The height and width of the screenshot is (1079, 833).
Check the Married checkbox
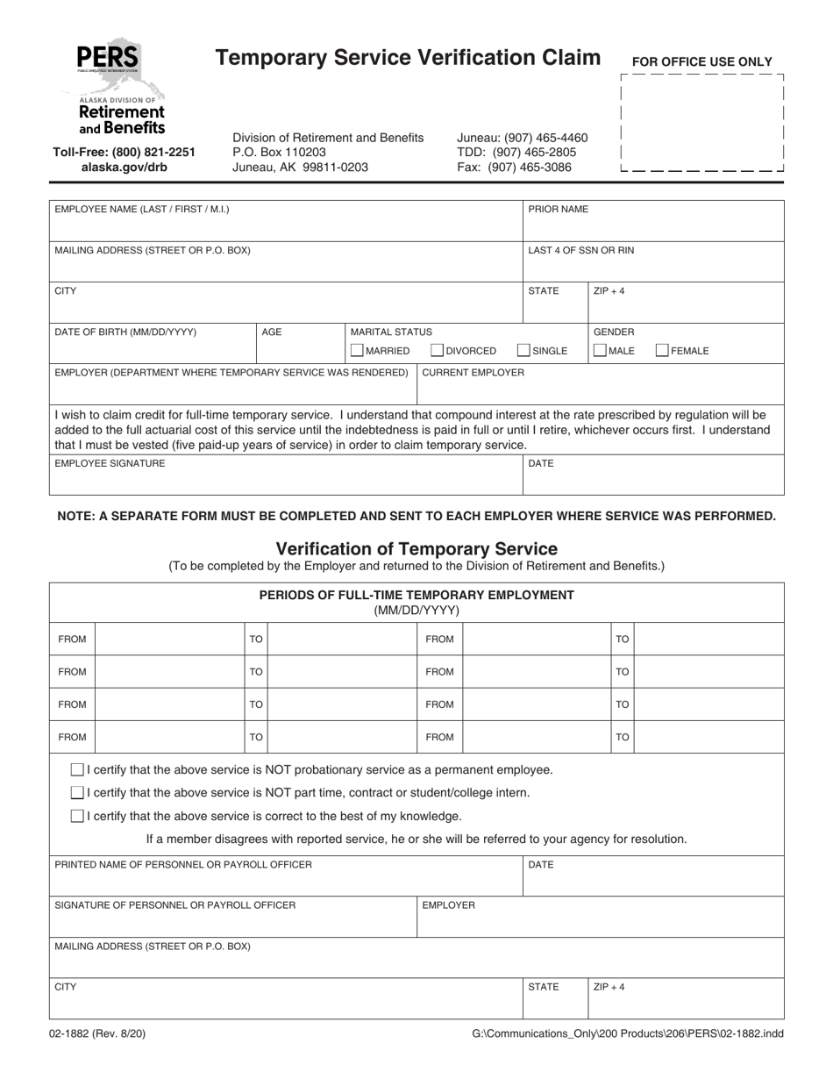357,351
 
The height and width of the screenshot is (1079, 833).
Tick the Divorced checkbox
438,351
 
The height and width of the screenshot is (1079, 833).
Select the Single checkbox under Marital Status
523,351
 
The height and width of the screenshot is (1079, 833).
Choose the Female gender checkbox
663,351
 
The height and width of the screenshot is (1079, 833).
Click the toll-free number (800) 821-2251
124,152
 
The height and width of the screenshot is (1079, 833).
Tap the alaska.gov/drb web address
124,167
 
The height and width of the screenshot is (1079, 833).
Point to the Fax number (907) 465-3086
514,167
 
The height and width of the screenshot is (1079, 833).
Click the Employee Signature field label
110,463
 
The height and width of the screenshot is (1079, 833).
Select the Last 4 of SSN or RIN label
580,250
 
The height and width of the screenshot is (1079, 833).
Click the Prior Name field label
558,210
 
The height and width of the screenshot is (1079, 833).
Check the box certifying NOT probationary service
77,769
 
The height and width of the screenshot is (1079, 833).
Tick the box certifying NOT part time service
77,793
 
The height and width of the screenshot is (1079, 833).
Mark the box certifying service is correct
77,816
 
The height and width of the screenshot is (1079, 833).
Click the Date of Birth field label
125,332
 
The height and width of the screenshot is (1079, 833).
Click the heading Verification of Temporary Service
416,549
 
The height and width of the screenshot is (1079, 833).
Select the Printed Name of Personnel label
183,865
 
